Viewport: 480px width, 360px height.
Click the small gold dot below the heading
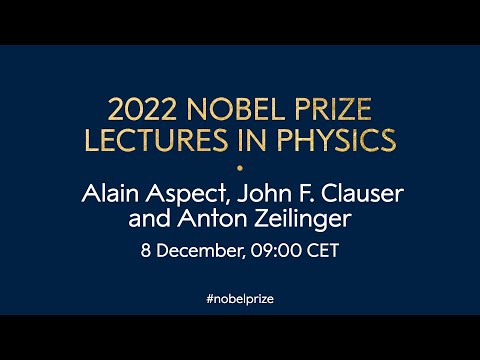pos(240,166)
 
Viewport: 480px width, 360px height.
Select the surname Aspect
pos(183,192)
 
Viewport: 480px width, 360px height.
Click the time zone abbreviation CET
pos(321,250)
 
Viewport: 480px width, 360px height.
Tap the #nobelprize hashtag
pos(240,299)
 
